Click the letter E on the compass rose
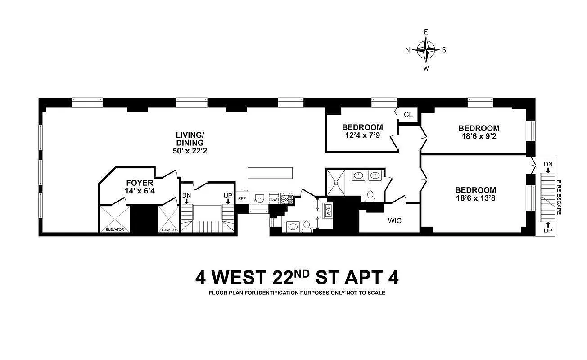426,32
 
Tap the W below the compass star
426,68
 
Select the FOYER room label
140,183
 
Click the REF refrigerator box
242,198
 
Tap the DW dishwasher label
274,199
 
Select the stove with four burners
286,198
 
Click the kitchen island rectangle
270,173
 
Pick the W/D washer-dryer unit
328,211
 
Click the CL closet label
408,115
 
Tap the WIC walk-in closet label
394,221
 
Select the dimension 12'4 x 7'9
362,135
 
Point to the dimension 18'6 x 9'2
479,136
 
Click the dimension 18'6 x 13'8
475,198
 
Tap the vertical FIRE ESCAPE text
559,198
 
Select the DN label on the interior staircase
186,196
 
